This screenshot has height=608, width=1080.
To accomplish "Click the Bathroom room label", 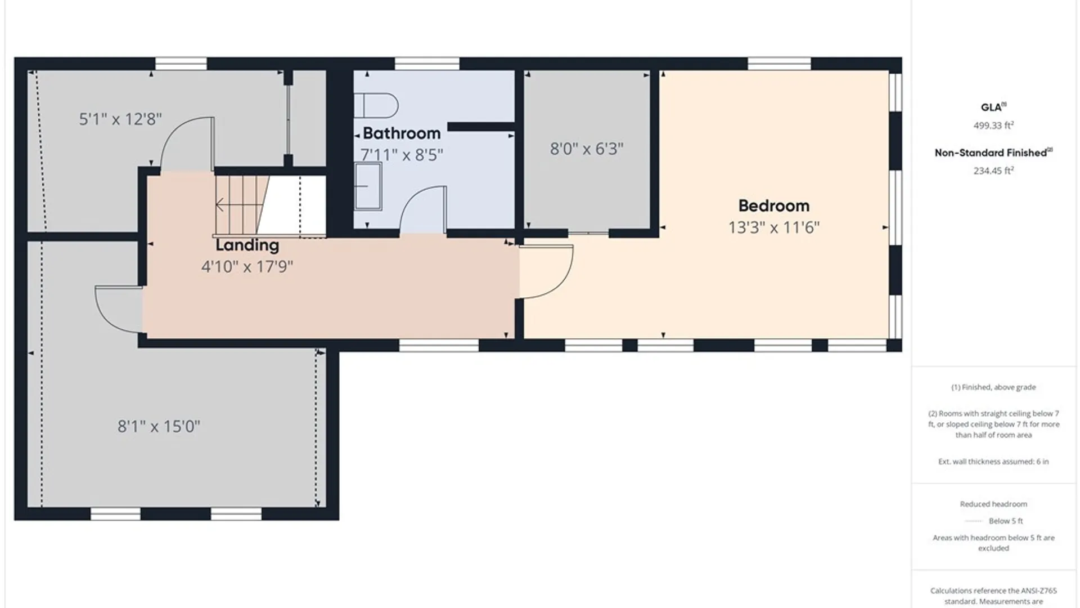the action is coord(402,133).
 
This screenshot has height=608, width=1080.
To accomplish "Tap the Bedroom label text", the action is coord(774,206).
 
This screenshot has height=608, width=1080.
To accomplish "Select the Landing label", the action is coord(247,245).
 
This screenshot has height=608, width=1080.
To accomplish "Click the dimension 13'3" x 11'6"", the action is coord(774,227).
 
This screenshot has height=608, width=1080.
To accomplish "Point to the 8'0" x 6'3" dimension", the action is coord(587,149).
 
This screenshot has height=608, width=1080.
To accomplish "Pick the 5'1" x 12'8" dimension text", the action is coord(120,119).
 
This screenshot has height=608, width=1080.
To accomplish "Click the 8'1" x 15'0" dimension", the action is coord(159,426).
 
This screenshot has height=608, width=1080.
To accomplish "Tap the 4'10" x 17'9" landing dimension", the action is coord(247,266).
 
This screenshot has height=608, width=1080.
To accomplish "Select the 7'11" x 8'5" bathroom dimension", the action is coord(402,155).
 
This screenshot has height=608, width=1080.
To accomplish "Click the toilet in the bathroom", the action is coord(376,106).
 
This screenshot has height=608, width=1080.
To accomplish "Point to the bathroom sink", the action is coord(368,186).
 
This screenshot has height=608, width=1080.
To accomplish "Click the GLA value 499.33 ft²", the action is coord(993,126).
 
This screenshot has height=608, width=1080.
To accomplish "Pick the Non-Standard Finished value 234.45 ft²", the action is coord(993,171).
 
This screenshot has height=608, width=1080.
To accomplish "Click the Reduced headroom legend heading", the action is coord(993,504).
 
